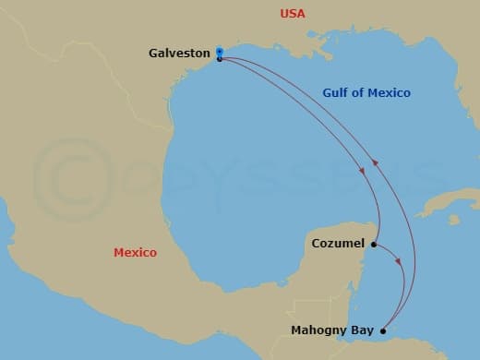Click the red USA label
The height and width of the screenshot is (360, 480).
pos(293,14)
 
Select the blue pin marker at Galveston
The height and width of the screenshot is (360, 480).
pos(219,52)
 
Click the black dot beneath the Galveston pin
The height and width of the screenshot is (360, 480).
pos(219,59)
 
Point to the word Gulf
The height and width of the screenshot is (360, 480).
pos(336,93)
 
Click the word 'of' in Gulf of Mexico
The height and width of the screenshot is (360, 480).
pos(361,93)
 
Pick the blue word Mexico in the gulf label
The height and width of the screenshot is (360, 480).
pos(390,93)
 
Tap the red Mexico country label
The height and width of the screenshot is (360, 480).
pos(135,252)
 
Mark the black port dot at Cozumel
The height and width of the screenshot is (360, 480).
pos(374,245)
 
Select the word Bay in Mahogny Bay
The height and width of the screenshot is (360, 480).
pos(364,330)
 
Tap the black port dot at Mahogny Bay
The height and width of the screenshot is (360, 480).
pos(383,330)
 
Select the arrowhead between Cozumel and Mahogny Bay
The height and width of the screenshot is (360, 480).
pos(399,262)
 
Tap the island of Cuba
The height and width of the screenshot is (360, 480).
pos(452,202)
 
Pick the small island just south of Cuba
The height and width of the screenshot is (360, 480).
pos(454,221)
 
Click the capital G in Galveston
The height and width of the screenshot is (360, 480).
pos(153,54)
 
